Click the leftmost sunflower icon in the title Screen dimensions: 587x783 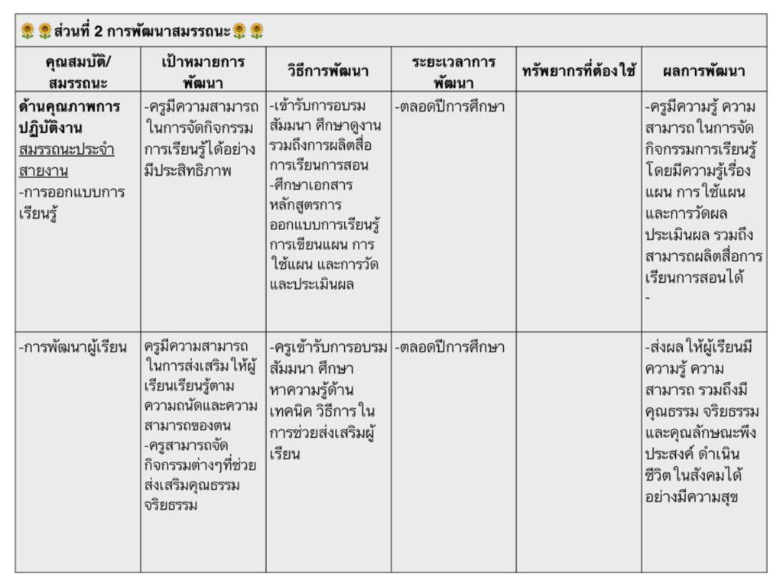tap(28, 31)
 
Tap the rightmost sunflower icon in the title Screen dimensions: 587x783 tap(257, 31)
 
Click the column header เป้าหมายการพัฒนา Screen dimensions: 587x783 tap(203, 72)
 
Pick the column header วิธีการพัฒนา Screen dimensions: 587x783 tap(329, 72)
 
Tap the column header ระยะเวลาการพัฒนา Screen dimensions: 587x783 tap(453, 72)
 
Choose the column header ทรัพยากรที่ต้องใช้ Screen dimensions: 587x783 tap(579, 72)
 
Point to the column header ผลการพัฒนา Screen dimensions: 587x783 tap(703, 72)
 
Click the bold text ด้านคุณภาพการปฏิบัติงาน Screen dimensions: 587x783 tap(69, 116)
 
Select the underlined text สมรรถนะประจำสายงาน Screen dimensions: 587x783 tap(69, 159)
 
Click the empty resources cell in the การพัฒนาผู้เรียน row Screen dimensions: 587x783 tap(579, 451)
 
